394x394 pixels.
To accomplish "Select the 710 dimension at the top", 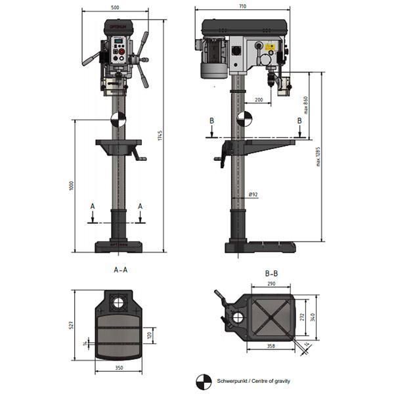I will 243,6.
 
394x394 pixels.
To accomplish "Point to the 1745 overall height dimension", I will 160,136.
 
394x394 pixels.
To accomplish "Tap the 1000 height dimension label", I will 71,186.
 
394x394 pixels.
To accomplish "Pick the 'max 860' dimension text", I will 306,104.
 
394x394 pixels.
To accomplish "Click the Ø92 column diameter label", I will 253,195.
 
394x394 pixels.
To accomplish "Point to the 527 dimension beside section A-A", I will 71,325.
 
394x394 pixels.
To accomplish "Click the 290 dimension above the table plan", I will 271,284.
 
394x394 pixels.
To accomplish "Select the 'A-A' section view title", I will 120,269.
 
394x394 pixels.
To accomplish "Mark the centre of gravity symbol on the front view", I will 117,119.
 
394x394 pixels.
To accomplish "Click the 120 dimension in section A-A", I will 150,334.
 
